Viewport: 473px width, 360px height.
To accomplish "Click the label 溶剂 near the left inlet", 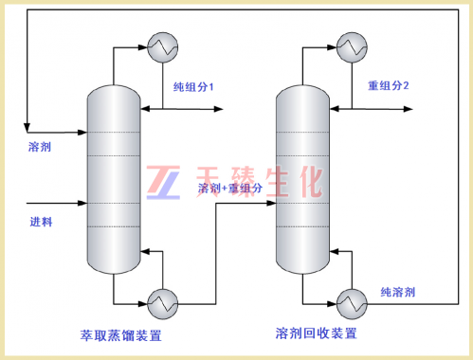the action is [x=40, y=147].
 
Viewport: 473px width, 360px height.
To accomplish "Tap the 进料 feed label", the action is [x=41, y=222].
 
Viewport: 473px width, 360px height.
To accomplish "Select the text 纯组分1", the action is [x=193, y=87].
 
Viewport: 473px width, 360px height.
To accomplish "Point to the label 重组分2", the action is [x=389, y=85].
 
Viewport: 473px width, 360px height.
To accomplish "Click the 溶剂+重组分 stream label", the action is [x=230, y=189].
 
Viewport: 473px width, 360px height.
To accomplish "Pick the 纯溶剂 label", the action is [x=398, y=292].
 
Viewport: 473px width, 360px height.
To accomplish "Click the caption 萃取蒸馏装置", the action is [x=121, y=335].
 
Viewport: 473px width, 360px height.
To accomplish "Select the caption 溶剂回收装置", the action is [x=317, y=333].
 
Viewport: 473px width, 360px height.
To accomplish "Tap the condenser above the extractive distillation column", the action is [x=163, y=47].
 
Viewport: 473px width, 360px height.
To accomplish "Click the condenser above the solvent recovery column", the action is [x=352, y=47].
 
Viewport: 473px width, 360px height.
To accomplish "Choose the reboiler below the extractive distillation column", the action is [x=163, y=304].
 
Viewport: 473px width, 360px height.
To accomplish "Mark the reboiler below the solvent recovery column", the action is [x=352, y=304].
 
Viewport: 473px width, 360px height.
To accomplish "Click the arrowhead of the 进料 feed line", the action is [x=82, y=203].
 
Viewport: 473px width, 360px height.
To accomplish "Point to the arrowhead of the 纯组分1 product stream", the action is [x=219, y=109].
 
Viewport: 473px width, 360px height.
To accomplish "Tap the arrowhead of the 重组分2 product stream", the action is [x=408, y=109].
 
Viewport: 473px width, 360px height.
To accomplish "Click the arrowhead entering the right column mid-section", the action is [x=272, y=204].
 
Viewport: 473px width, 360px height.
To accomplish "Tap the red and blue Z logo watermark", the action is [x=163, y=183].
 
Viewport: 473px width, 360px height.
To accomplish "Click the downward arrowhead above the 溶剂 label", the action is [x=27, y=128].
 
